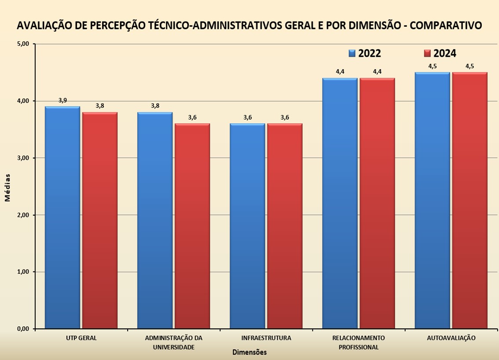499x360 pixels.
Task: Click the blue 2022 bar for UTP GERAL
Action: (x=62, y=217)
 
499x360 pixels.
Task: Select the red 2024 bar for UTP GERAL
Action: (x=100, y=220)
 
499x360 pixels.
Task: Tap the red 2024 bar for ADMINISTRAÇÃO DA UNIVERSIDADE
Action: (x=192, y=226)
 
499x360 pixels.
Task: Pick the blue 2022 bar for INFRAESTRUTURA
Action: (x=248, y=226)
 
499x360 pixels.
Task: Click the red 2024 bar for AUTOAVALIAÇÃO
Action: (x=470, y=201)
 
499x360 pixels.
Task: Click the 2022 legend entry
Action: (x=365, y=53)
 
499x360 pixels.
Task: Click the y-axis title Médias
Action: (x=7, y=187)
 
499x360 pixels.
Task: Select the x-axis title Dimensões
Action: (x=249, y=352)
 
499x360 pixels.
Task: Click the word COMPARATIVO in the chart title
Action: (x=445, y=26)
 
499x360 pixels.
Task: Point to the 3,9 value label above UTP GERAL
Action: (x=62, y=100)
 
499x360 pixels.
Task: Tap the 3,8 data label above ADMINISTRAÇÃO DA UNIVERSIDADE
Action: (x=155, y=106)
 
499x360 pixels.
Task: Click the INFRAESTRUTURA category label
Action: (x=266, y=338)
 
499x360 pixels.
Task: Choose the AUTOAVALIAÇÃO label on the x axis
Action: (x=451, y=338)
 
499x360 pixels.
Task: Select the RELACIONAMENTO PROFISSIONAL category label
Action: (x=359, y=342)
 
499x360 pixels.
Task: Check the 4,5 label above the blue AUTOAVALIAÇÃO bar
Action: (x=432, y=66)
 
